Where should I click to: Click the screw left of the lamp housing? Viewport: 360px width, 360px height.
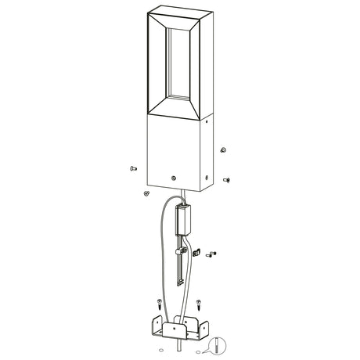click(131, 167)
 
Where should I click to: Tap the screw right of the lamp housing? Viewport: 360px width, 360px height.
click(227, 178)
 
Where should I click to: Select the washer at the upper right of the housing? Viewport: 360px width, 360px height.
click(224, 149)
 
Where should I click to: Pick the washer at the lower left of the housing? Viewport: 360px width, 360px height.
click(146, 192)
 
